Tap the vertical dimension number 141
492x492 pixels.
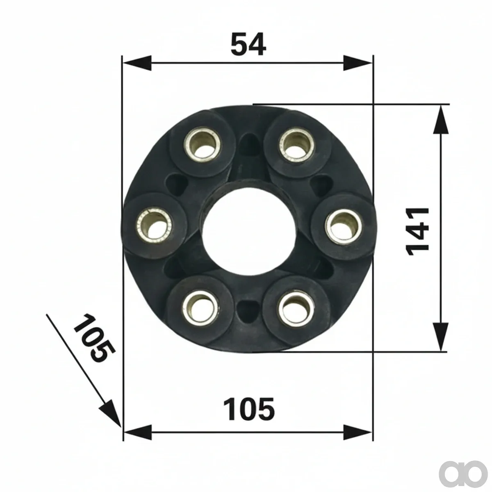point(417,232)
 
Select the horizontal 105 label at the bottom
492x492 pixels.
point(249,409)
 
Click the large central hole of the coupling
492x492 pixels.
point(249,228)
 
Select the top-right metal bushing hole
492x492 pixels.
point(296,146)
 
